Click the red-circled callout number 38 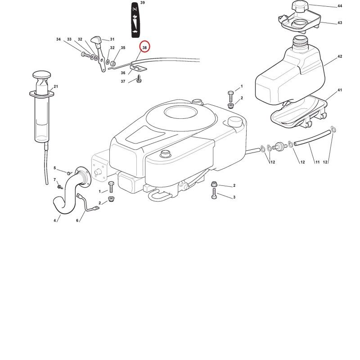(x=144, y=48)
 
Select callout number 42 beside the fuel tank (x=340, y=56)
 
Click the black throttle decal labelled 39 (x=135, y=20)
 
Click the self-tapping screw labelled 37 (x=139, y=79)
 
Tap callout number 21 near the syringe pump (x=56, y=86)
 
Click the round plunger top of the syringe (x=42, y=75)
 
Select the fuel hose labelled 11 (x=312, y=137)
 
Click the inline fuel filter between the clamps (x=279, y=147)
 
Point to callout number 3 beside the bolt (x=234, y=197)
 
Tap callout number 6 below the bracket (x=77, y=220)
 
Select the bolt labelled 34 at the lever (x=85, y=54)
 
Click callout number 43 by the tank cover (x=340, y=22)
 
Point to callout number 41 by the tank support (x=340, y=90)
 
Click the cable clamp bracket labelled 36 (x=138, y=68)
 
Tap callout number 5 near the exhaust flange (x=54, y=168)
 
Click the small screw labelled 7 (x=60, y=186)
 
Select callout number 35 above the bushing (x=123, y=48)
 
